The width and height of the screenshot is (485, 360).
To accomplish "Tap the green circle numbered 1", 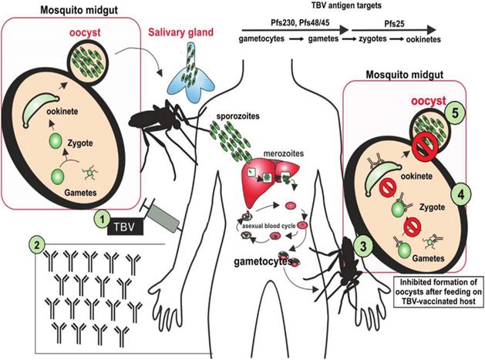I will point(101,220).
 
